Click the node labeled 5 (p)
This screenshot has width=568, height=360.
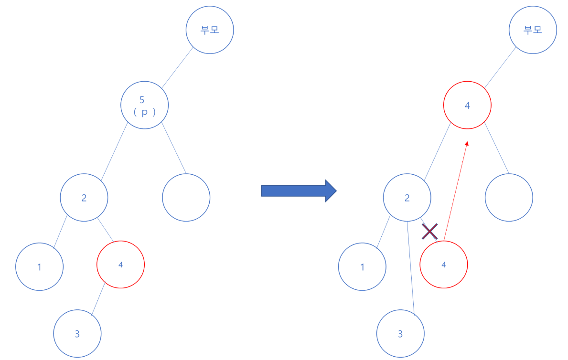coord(144,106)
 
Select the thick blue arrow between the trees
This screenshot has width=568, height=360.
coord(299,191)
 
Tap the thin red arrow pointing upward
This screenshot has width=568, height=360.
coord(456,191)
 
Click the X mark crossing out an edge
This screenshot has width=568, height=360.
coord(430,232)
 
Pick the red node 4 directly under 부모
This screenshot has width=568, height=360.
coord(467,106)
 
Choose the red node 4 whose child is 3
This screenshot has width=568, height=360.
coord(120,265)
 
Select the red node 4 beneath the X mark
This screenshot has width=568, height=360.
coord(443,265)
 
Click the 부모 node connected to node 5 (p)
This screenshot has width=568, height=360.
coord(210,30)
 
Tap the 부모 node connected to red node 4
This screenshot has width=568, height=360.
coord(533,30)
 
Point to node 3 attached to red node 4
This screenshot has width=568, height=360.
coord(77,334)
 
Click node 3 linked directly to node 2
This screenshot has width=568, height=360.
coord(400,334)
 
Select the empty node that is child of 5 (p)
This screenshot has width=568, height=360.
coord(186,198)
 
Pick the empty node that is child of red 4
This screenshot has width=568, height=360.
coord(509,198)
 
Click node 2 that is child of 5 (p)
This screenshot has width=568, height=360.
coord(84,198)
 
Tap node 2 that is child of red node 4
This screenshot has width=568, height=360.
coord(407,198)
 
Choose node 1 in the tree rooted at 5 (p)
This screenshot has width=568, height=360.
coord(39,267)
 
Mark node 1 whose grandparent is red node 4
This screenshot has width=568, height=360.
coord(362,267)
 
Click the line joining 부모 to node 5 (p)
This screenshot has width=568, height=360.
coord(177,68)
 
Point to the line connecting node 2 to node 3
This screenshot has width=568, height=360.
coord(410,267)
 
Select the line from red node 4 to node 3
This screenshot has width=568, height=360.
coord(98,300)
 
